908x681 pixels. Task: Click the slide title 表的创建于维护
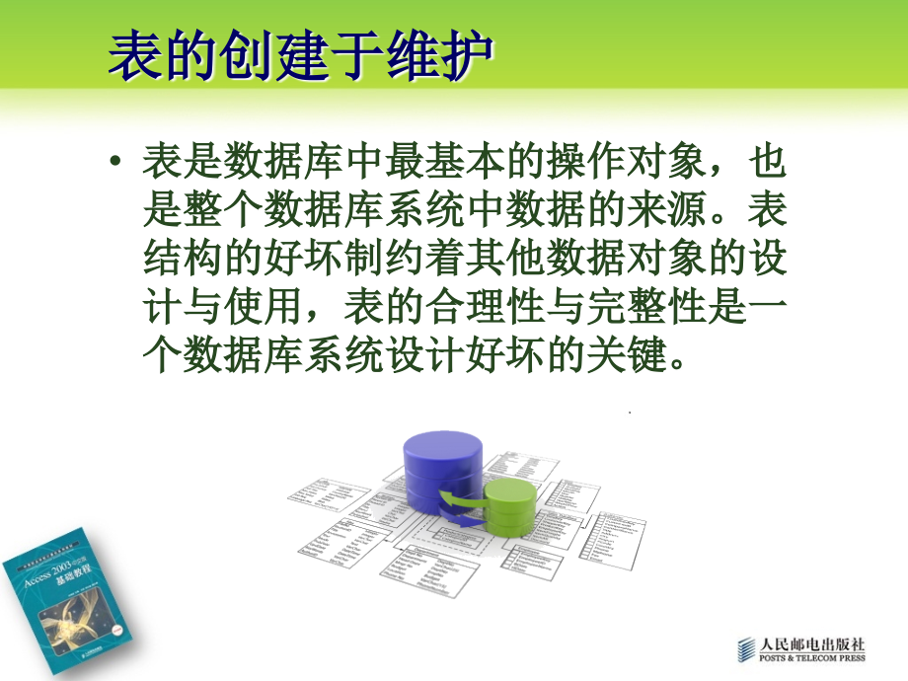[300, 56]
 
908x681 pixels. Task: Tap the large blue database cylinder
[443, 465]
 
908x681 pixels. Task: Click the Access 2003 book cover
[67, 591]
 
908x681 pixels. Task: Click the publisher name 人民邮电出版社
[810, 643]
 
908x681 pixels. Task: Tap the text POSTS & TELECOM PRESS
[810, 658]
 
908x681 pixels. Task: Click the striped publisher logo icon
[746, 650]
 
